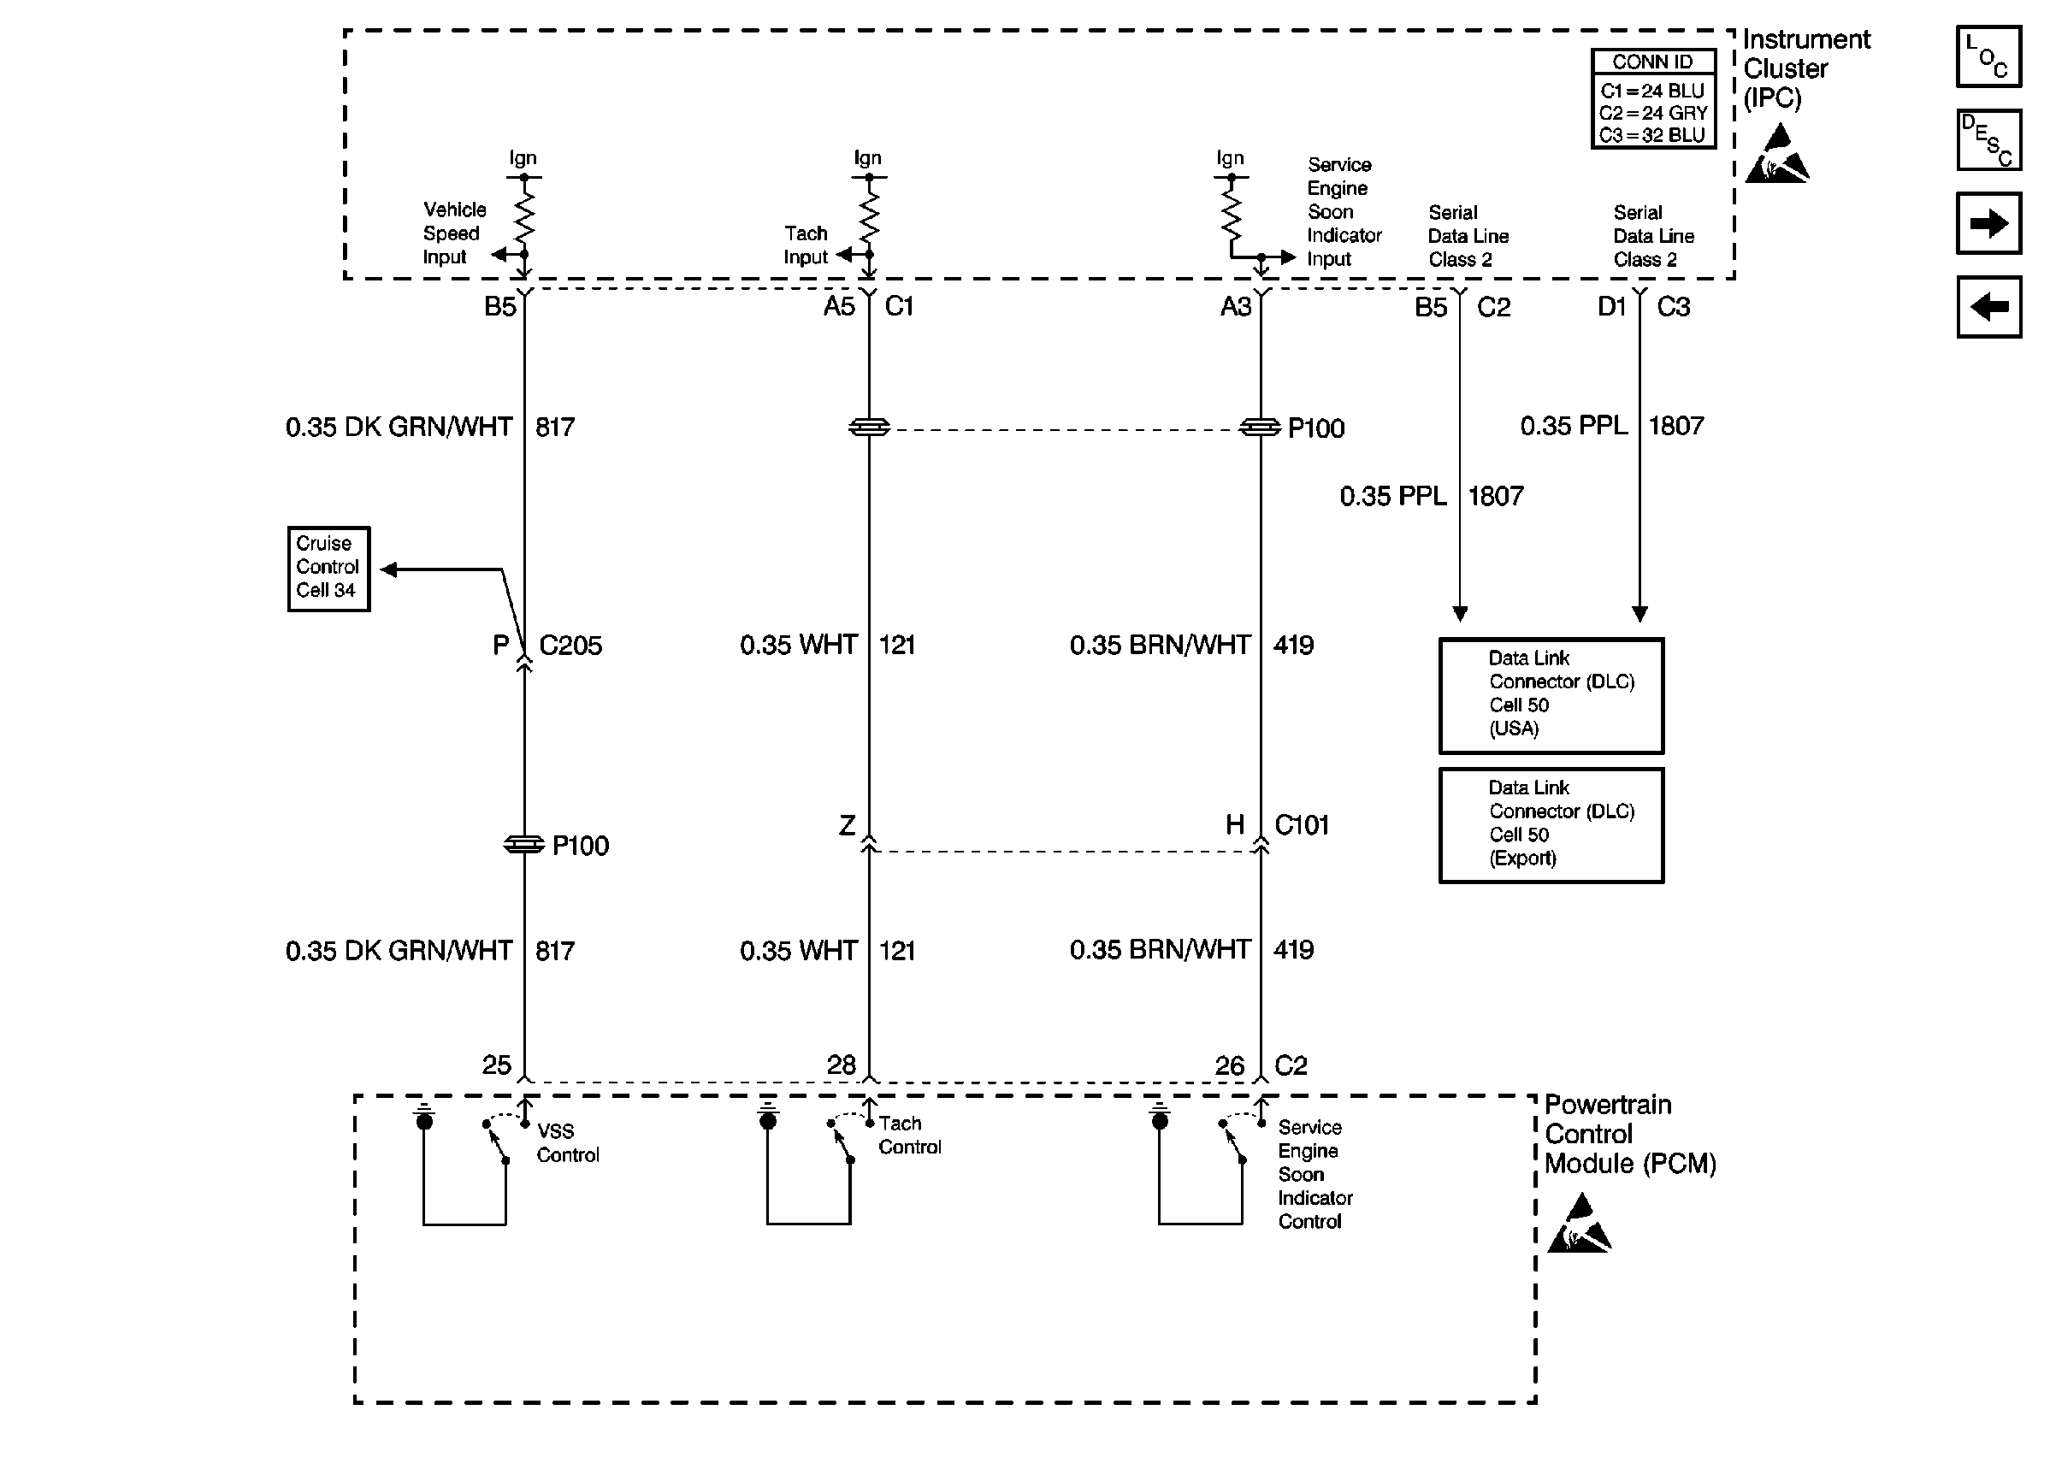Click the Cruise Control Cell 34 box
328,568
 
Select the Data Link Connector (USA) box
1551,694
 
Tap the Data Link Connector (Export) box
1551,824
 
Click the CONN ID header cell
1652,62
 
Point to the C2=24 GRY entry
1652,113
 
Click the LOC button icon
1988,56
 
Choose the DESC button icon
1988,140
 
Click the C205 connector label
570,645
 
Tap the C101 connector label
1301,824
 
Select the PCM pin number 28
842,1065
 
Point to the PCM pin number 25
496,1065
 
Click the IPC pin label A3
1235,307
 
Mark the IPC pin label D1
1611,307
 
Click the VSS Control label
567,1142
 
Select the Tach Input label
805,245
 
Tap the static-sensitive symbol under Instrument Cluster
1775,155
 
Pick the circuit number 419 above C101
1292,645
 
